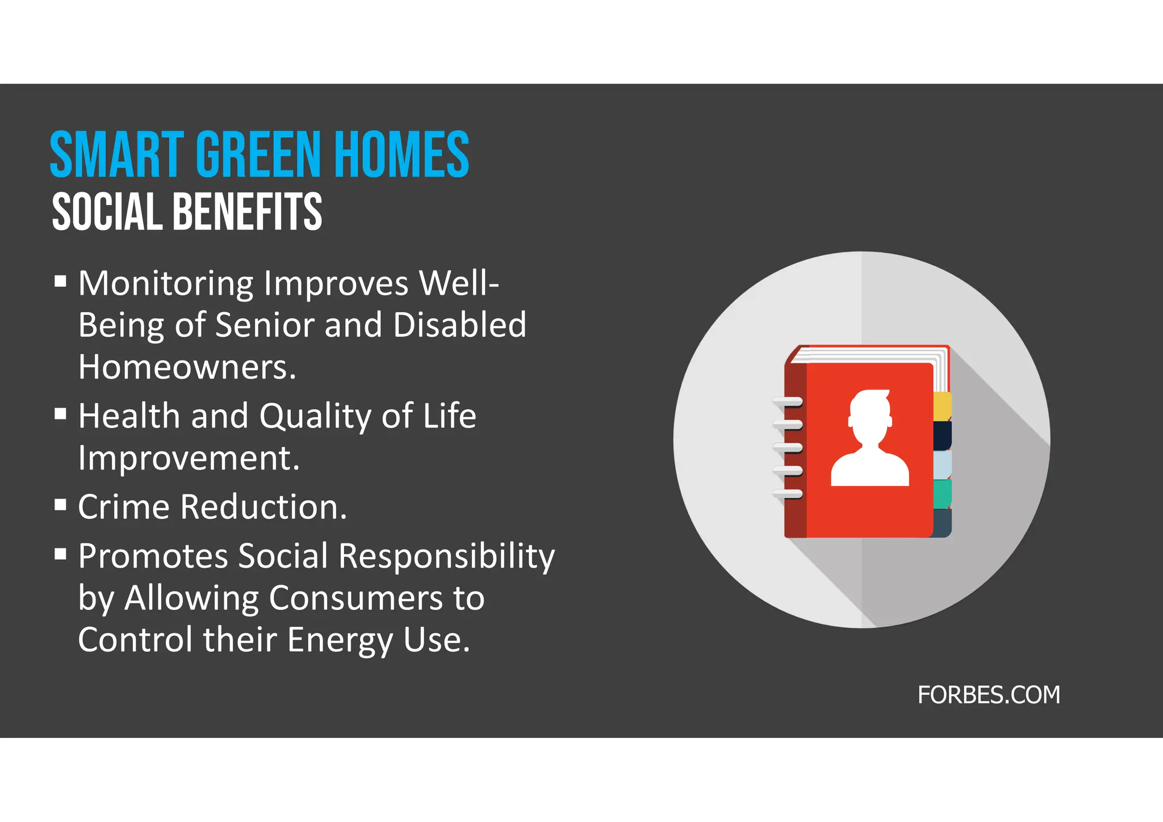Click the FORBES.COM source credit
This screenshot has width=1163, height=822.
click(x=989, y=695)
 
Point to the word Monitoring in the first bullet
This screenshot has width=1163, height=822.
click(x=166, y=283)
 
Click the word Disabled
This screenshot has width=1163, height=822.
click(x=459, y=325)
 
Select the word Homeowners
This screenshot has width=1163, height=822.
click(x=187, y=367)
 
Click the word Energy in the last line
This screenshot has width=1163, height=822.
click(x=340, y=640)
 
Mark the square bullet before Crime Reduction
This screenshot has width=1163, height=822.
click(x=61, y=504)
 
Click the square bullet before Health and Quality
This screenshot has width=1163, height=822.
click(x=61, y=413)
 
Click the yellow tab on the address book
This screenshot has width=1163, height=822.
click(x=942, y=406)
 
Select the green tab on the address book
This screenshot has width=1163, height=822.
click(x=942, y=493)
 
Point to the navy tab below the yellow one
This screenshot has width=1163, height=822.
click(x=942, y=435)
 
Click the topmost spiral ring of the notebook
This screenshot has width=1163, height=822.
click(x=788, y=402)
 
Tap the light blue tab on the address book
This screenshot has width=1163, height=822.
click(x=942, y=464)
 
